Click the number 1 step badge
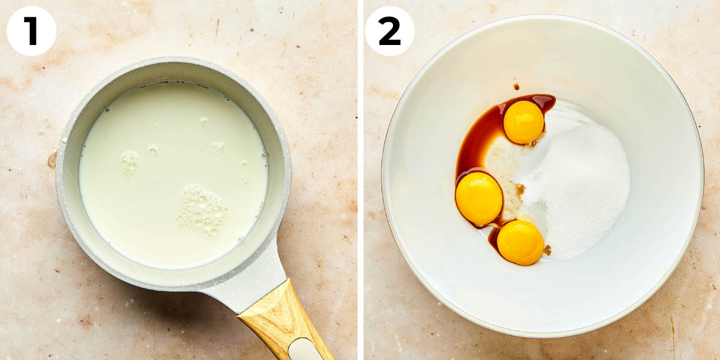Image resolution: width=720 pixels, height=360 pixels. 31,31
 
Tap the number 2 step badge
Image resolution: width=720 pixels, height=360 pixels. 389,31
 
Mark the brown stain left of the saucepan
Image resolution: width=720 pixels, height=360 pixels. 52,160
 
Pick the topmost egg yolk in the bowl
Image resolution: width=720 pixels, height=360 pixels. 523,122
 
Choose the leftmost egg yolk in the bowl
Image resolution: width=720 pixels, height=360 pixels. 479,199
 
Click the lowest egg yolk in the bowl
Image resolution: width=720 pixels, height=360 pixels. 520,242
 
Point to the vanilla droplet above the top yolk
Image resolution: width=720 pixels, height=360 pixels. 515,86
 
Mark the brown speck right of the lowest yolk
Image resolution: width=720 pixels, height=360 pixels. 547,249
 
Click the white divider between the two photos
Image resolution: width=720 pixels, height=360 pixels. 360,180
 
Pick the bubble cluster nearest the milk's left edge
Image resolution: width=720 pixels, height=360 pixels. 129,162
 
